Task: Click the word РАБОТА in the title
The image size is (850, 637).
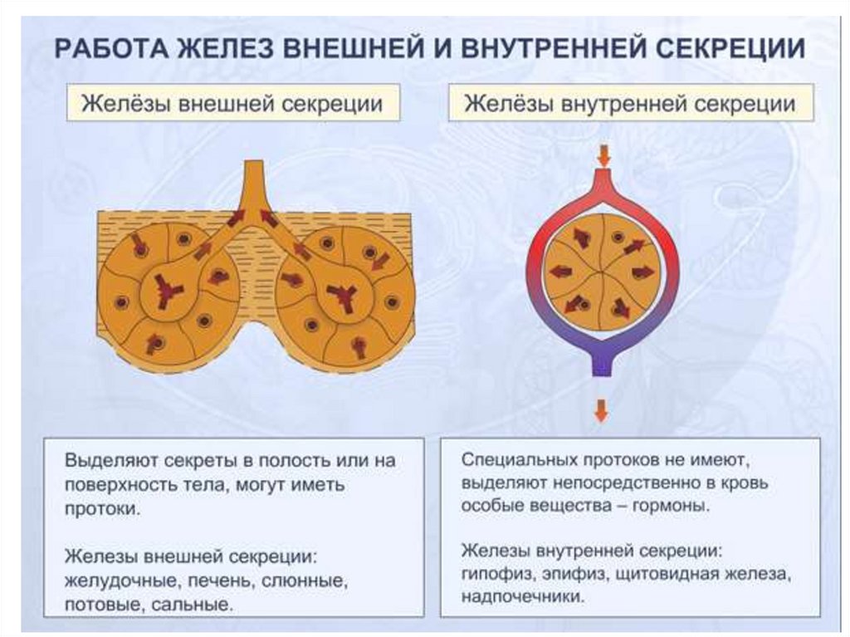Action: point(108,47)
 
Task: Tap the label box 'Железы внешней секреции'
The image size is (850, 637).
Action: point(232,105)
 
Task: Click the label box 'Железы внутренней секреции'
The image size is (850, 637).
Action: point(630,105)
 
